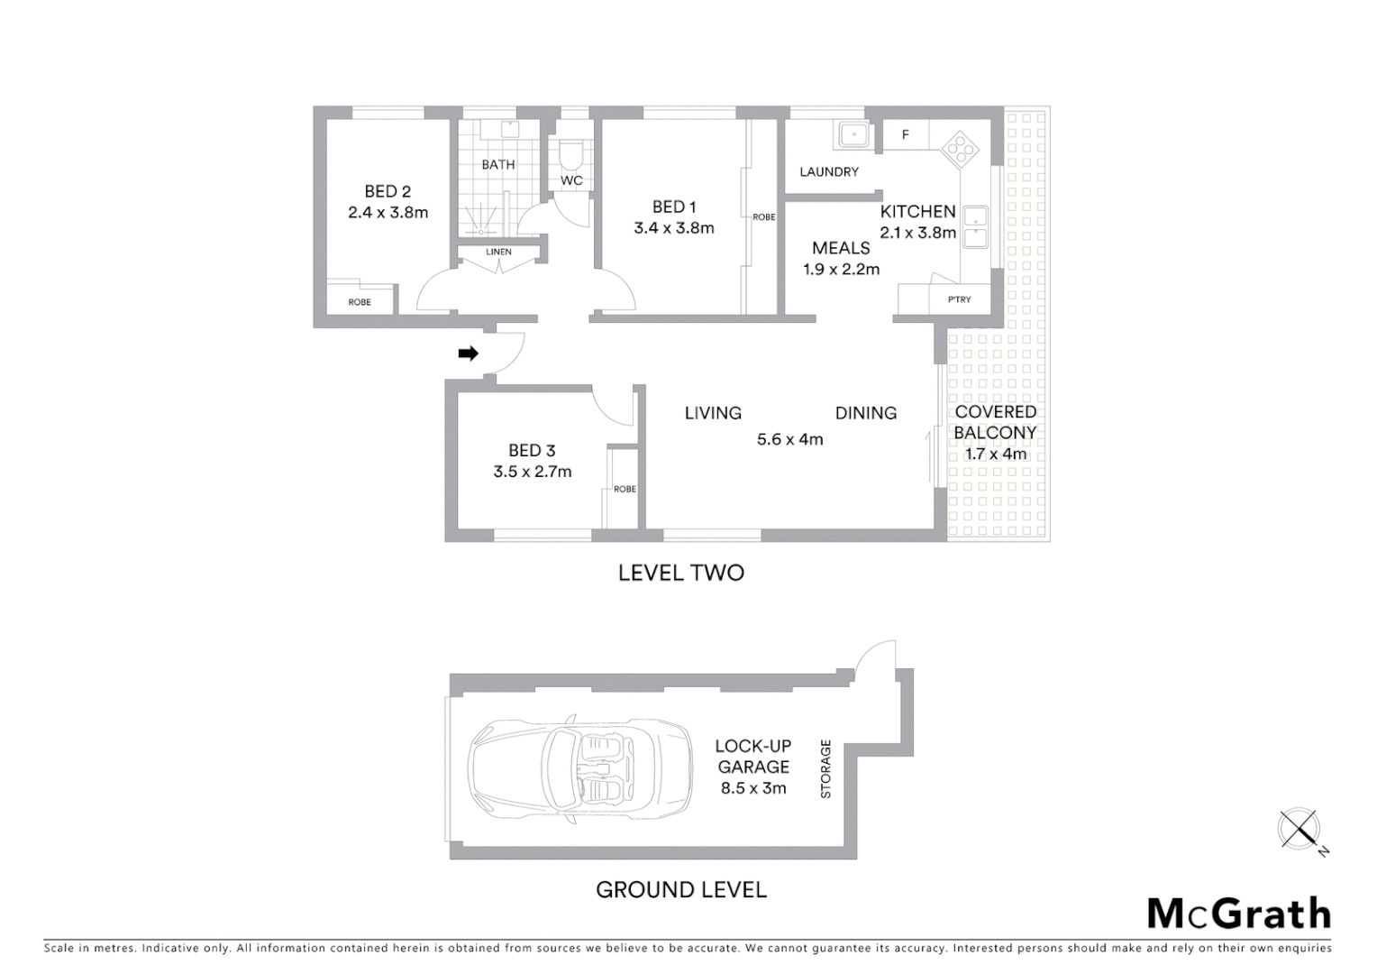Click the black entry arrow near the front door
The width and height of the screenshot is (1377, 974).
click(468, 354)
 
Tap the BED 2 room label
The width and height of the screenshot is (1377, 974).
click(388, 191)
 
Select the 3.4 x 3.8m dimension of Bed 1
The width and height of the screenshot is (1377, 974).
click(673, 228)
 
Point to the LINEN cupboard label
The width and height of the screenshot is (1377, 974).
click(498, 252)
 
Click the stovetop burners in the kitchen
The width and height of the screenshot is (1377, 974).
click(961, 150)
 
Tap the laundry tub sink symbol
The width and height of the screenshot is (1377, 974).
click(852, 135)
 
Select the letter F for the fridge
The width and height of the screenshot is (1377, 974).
click(906, 135)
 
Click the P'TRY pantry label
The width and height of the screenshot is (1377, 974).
click(959, 299)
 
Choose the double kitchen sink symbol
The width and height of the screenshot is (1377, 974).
click(974, 226)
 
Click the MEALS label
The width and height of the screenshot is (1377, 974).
click(841, 248)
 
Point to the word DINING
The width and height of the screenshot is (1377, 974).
click(865, 413)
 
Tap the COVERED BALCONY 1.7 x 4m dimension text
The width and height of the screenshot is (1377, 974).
click(995, 454)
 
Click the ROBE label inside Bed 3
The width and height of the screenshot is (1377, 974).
click(625, 489)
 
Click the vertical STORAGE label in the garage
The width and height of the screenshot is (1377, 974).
click(825, 768)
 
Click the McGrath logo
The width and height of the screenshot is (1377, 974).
click(1238, 913)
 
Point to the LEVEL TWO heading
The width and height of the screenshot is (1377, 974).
click(680, 573)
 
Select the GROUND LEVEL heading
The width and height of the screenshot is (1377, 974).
click(680, 890)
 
